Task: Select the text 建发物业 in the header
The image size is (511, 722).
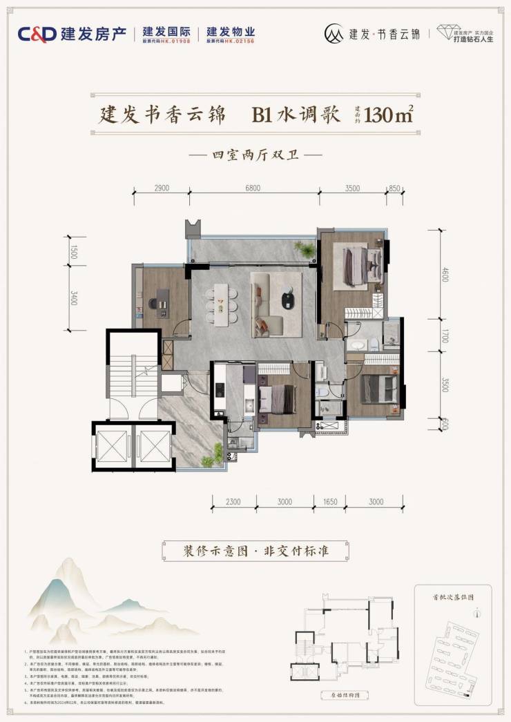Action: click(231, 32)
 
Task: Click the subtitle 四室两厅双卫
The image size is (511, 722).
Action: click(256, 155)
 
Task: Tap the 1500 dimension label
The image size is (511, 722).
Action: click(74, 252)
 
